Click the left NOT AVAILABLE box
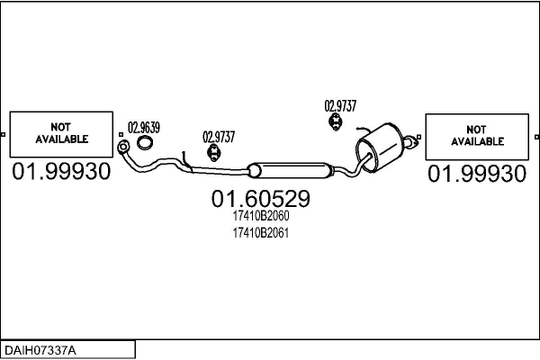click(61, 134)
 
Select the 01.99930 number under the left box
click(61, 171)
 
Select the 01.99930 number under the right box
click(477, 174)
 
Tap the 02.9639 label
click(144, 127)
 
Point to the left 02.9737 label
click(219, 137)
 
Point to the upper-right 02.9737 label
click(341, 105)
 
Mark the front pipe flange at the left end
click(123, 148)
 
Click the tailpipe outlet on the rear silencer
click(412, 140)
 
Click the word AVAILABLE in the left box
click(61, 140)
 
